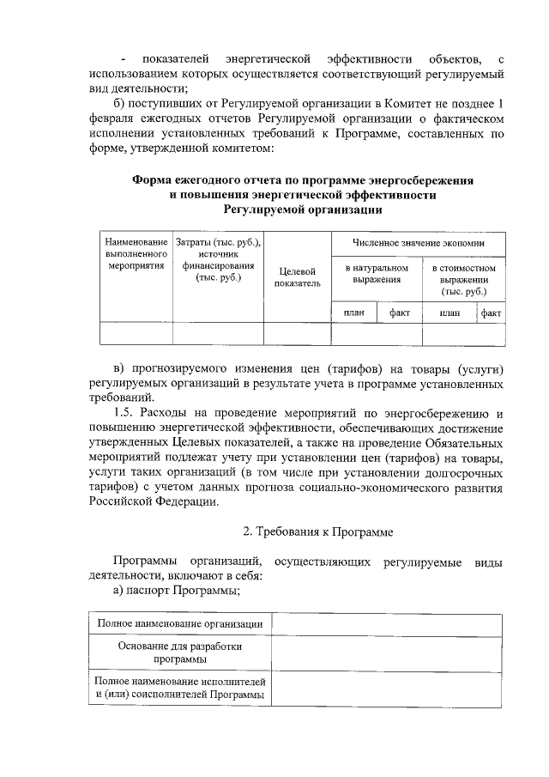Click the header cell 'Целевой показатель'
[x=297, y=276]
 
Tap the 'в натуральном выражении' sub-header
[x=377, y=274]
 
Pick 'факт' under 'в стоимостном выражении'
[x=492, y=313]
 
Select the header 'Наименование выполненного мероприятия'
[x=136, y=256]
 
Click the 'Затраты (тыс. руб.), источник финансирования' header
[x=218, y=260]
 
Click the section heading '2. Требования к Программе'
[x=318, y=532]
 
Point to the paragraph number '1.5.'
[x=127, y=414]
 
